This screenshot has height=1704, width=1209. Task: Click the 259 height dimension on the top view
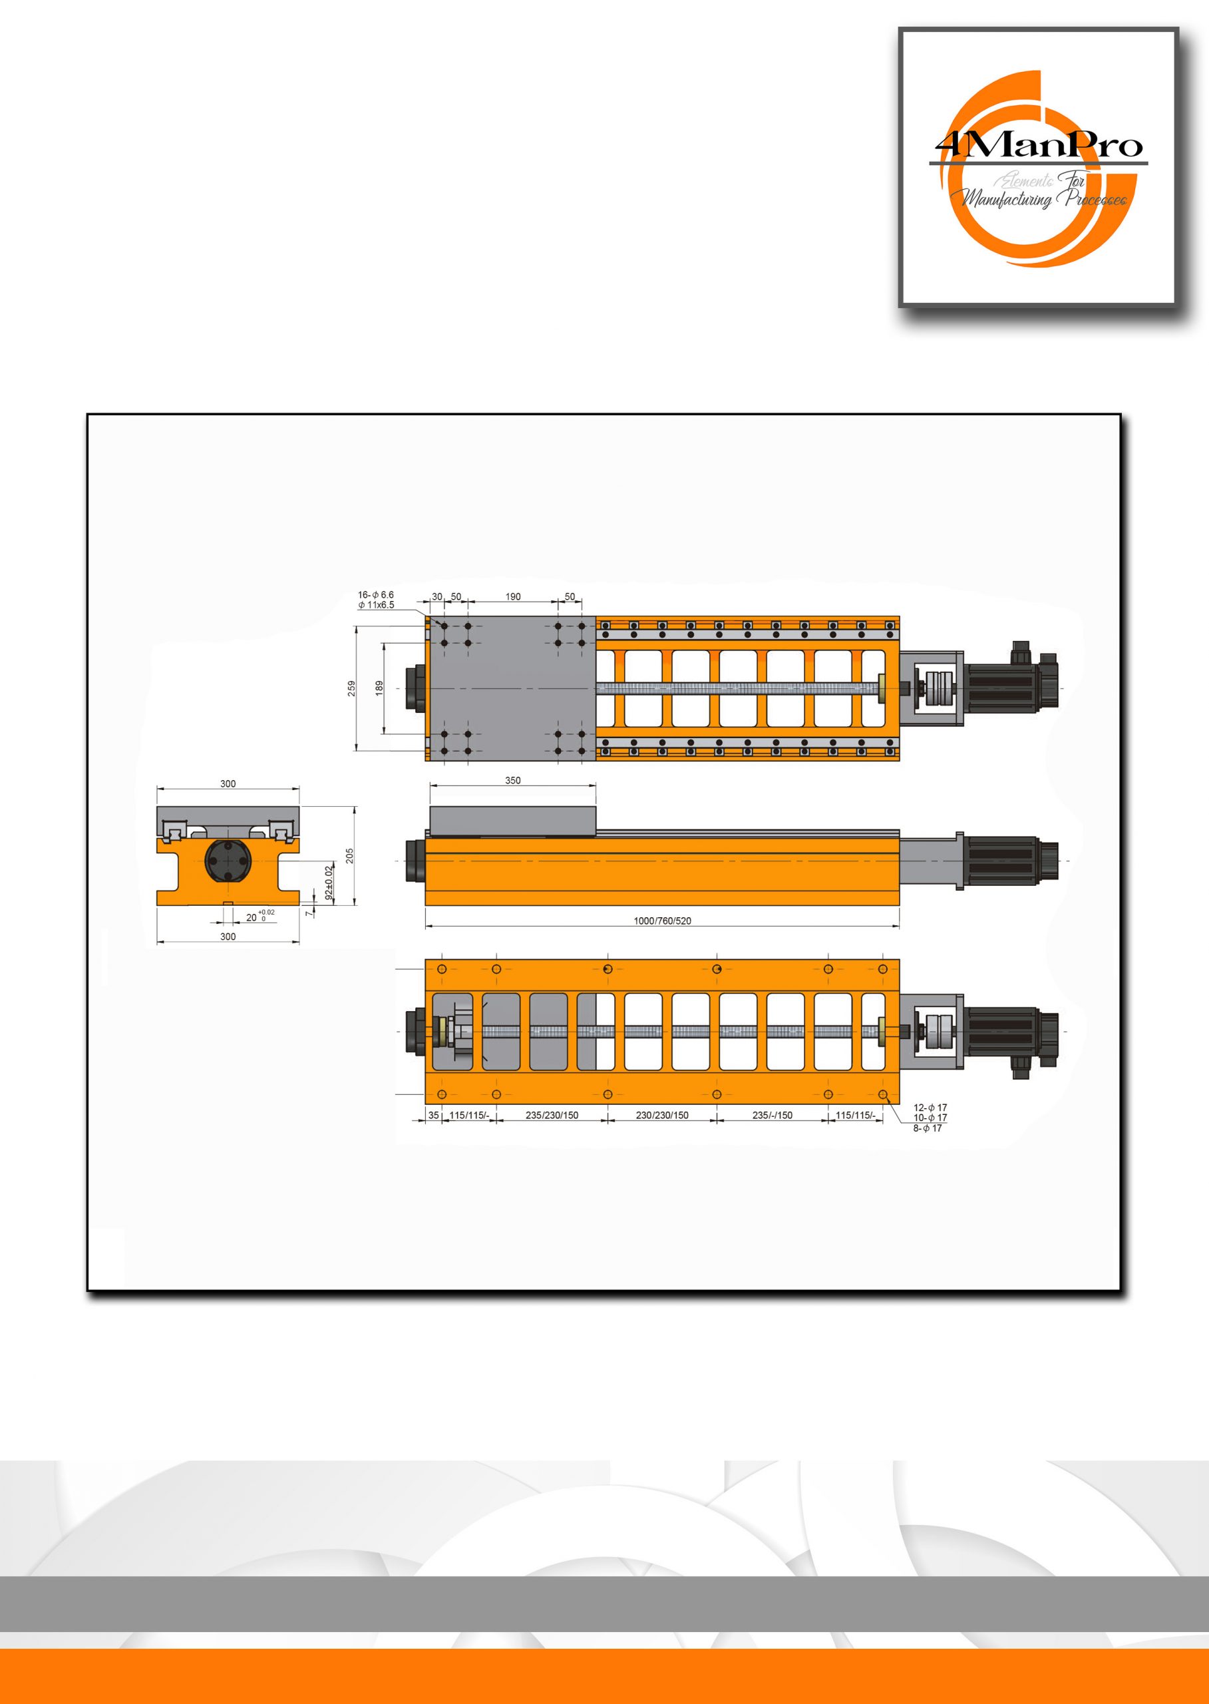tap(351, 688)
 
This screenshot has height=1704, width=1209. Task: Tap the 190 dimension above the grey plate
tap(513, 596)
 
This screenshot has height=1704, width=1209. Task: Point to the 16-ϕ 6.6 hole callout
tap(375, 595)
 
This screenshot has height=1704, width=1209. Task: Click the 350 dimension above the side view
tap(513, 781)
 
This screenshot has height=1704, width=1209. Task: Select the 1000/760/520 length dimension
tap(662, 921)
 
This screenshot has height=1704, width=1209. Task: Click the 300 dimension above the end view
tap(228, 783)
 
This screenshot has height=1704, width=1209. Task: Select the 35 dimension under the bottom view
tap(433, 1115)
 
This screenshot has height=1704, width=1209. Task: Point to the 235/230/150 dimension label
tap(552, 1115)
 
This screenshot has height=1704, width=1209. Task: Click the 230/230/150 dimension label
tap(662, 1115)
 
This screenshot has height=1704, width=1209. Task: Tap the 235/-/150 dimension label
tap(772, 1115)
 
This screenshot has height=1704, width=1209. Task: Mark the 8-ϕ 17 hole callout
tap(927, 1128)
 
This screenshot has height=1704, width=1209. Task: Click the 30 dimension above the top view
tap(437, 596)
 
